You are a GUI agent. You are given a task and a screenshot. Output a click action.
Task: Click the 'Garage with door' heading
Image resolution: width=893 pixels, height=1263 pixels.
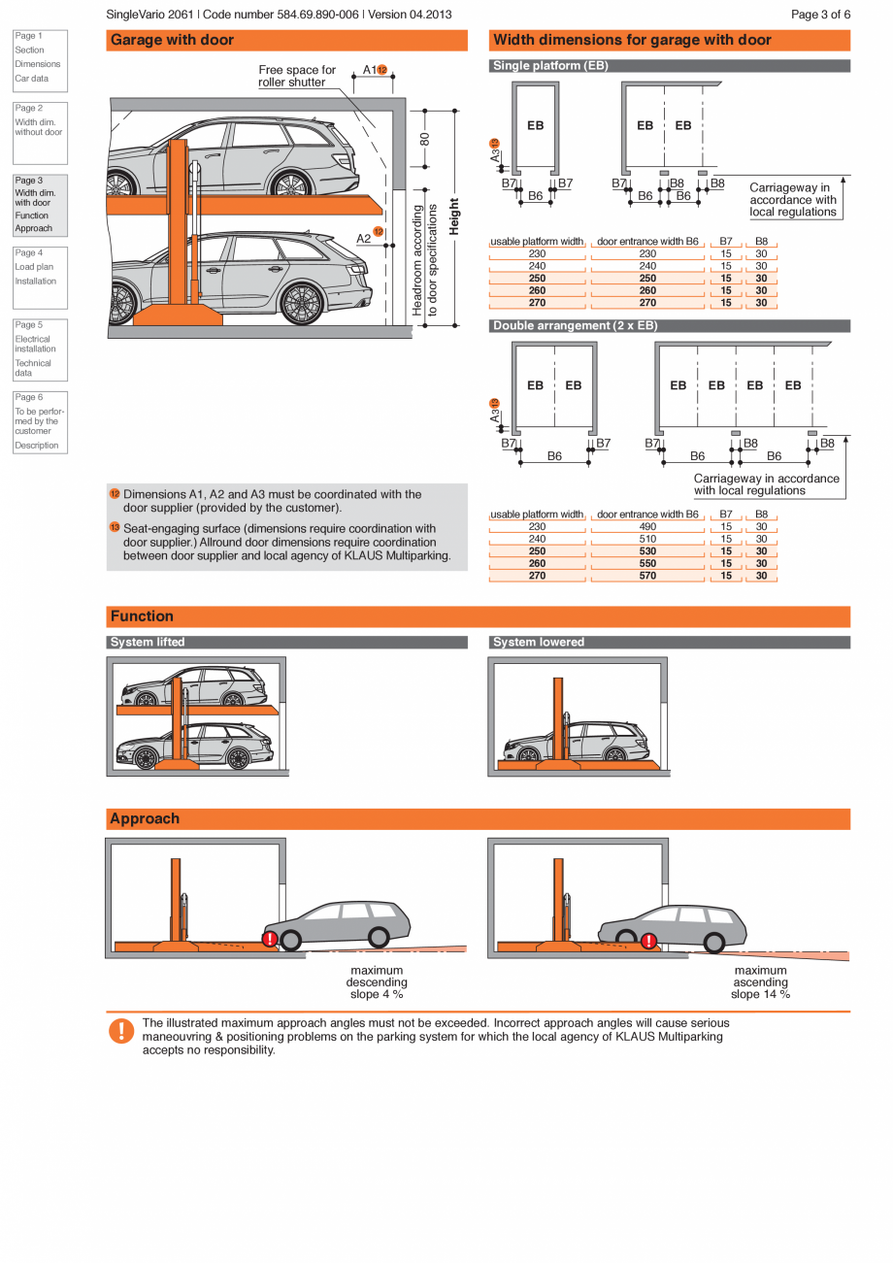point(172,41)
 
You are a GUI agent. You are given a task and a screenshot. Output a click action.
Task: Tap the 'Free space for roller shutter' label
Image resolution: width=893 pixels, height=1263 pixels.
point(296,76)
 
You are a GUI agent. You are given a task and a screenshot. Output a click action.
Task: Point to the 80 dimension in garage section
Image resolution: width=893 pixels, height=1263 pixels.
point(424,139)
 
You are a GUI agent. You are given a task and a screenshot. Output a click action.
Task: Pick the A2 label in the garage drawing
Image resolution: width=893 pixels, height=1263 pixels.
point(363,238)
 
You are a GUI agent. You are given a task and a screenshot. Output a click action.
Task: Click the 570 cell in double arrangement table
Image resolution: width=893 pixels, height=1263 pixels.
point(647,576)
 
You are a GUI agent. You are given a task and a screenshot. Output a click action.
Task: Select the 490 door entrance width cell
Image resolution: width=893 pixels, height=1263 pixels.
point(647,527)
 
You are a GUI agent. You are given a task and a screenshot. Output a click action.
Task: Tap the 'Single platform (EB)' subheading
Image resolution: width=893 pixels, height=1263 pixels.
point(550,66)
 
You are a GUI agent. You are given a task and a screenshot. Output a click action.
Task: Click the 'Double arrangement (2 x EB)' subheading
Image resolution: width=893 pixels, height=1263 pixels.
point(575,326)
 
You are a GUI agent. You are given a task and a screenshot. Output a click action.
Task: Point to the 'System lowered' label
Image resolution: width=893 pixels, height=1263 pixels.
point(539,643)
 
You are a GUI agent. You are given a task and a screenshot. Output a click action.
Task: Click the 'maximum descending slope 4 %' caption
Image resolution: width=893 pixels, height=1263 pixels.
point(377,982)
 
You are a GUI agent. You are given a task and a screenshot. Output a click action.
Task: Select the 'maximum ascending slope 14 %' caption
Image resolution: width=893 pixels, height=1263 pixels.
point(760,982)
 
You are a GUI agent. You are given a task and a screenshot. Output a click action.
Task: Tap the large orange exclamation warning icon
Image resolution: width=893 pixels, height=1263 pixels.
point(120,1031)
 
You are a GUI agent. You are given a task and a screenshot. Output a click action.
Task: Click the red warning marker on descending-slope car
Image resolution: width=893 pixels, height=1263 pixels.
point(269,939)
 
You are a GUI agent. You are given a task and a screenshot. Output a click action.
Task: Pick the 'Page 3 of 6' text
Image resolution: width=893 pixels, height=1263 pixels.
point(820,15)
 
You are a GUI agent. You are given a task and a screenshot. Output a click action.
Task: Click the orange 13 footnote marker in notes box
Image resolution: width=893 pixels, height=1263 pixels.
point(115,527)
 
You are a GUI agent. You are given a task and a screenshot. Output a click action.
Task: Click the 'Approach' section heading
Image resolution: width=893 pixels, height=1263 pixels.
point(145,819)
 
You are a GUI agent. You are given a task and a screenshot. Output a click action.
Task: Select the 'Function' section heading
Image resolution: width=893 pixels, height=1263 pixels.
point(142,616)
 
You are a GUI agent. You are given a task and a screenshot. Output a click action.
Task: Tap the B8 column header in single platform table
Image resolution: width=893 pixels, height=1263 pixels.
point(761,242)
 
